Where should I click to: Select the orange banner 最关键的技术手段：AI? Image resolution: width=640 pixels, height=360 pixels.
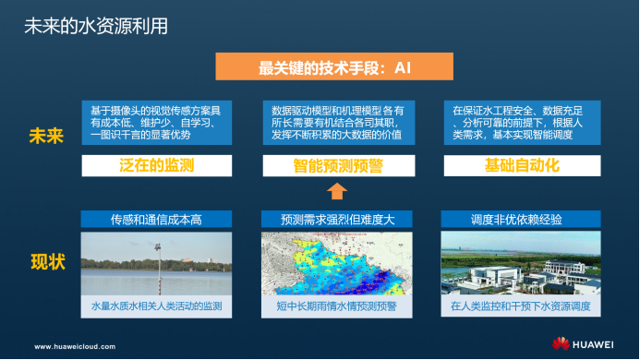(x=337, y=67)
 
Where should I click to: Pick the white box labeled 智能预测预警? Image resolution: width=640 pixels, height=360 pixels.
(x=337, y=166)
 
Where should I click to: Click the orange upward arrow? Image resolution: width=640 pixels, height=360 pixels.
(x=337, y=191)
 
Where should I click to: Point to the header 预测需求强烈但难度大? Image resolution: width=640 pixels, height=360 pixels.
(x=337, y=220)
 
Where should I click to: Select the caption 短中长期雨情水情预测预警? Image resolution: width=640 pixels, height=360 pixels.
(x=337, y=305)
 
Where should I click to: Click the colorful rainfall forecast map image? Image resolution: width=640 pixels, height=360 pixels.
(x=337, y=263)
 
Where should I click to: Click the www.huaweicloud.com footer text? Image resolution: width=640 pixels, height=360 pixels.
(x=75, y=347)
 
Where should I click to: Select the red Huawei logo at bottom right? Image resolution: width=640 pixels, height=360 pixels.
(x=561, y=344)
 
